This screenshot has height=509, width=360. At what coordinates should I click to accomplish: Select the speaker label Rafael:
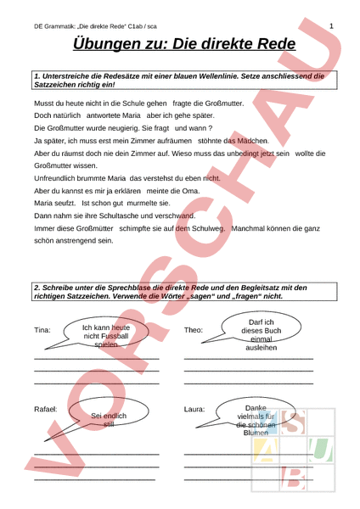pyautogui.click(x=46, y=409)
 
